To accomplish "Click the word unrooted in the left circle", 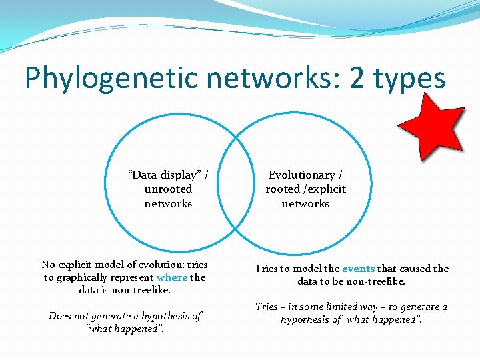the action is point(168,189).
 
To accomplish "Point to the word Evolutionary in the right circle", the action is point(301,175).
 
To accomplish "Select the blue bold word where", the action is point(172,277).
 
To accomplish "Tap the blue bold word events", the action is point(359,269).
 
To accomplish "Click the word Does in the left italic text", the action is point(61,316).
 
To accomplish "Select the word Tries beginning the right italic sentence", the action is point(266,307).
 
